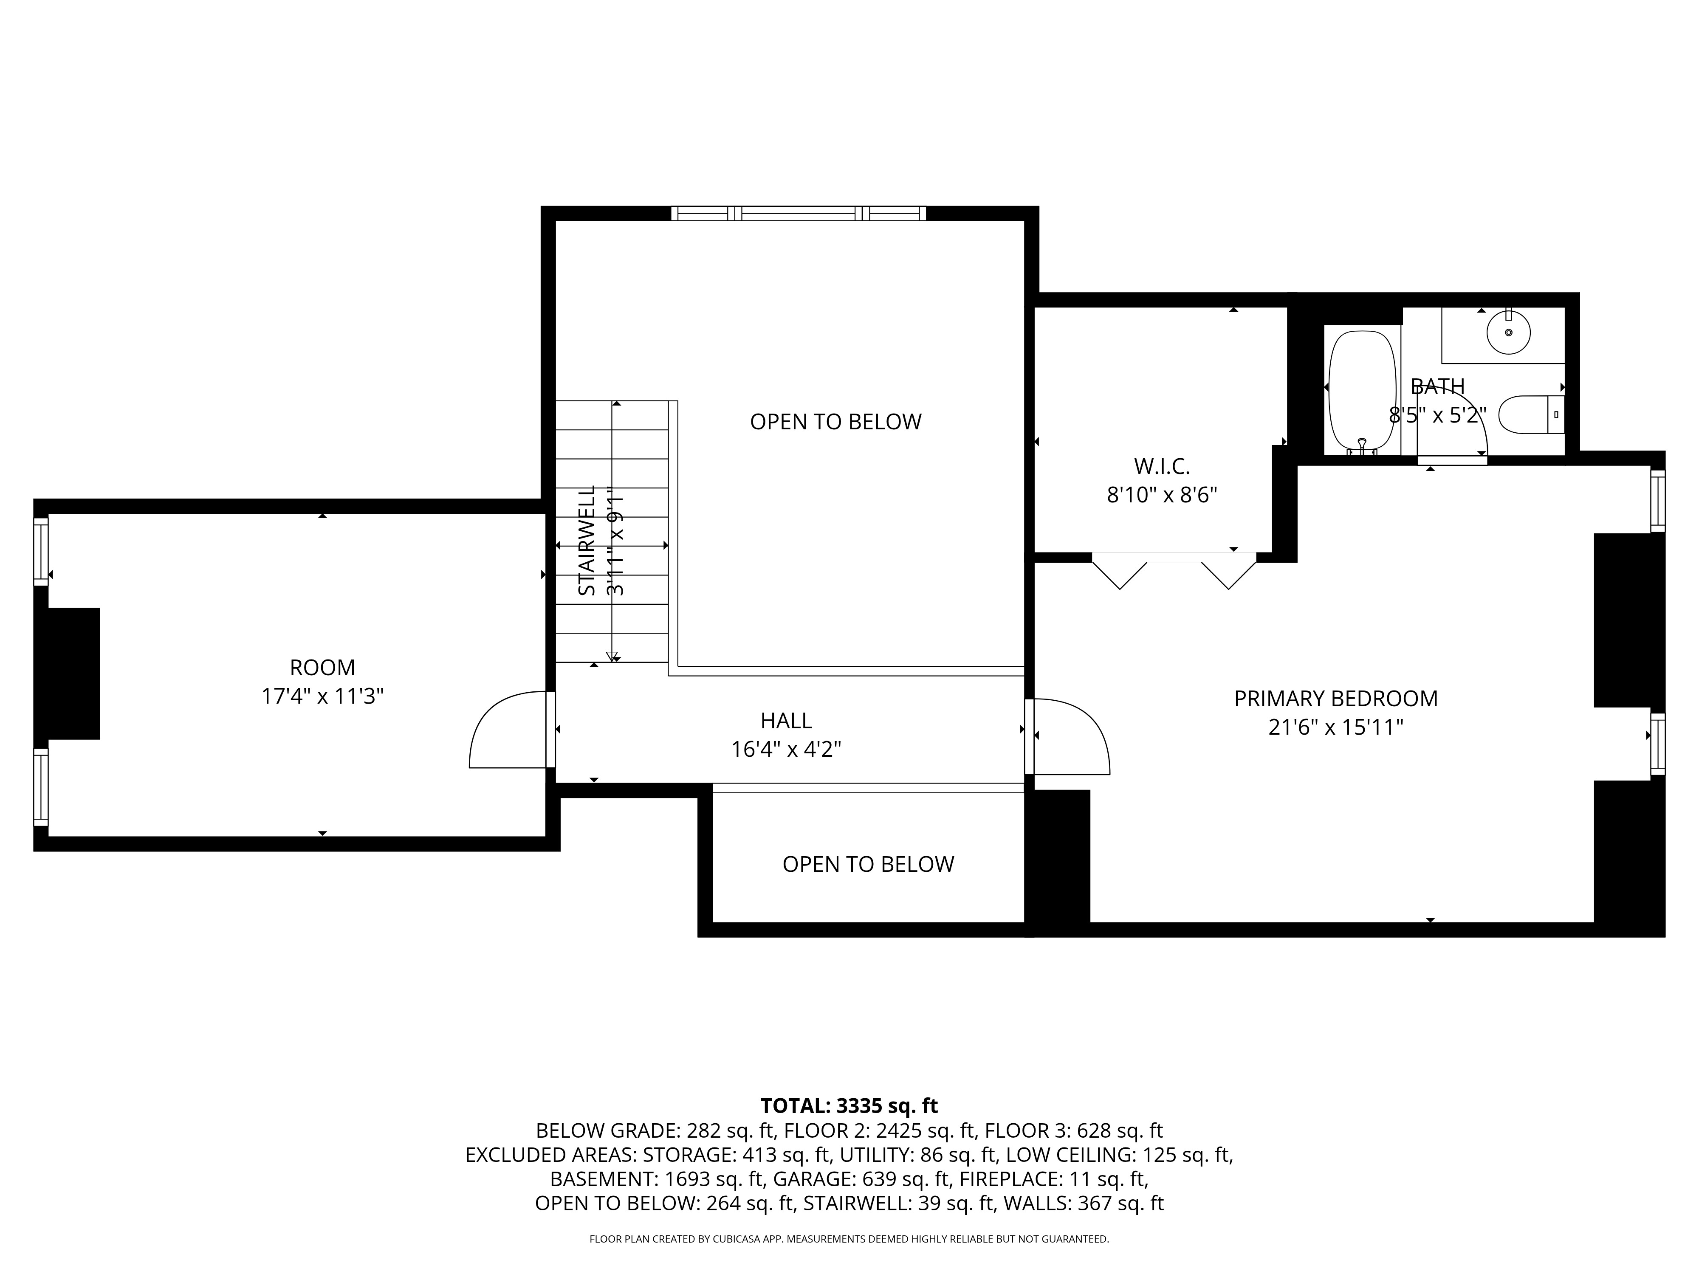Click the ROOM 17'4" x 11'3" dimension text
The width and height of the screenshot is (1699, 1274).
[322, 696]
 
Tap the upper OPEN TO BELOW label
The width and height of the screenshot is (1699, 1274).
[835, 422]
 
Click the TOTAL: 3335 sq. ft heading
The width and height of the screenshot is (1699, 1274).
[849, 1106]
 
